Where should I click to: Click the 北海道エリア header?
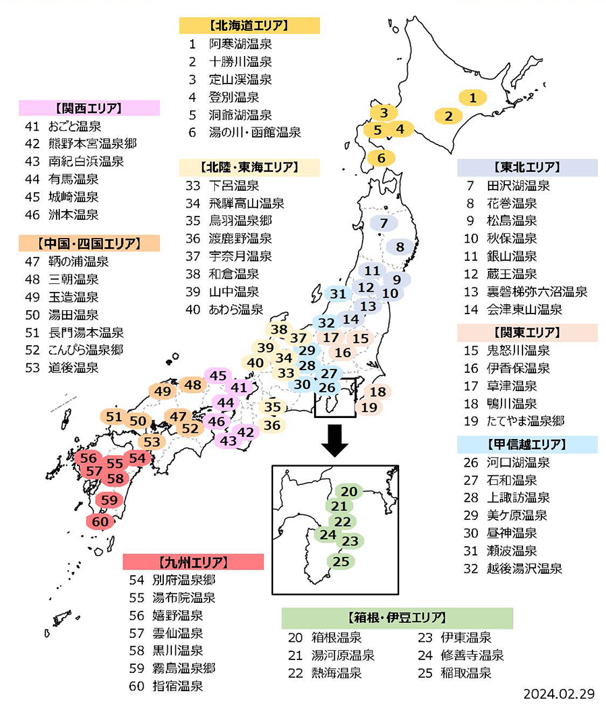pos(249,26)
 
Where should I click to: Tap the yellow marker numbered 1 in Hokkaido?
pos(473,98)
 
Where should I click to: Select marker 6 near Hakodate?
pos(382,158)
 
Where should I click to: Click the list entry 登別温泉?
pos(233,97)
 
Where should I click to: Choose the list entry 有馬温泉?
pos(73,179)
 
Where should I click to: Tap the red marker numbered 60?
pos(100,521)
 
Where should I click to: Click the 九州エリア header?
pos(193,562)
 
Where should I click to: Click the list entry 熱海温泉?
pos(336,673)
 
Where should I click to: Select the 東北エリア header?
pos(526,167)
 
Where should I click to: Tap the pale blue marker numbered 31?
pos(338,294)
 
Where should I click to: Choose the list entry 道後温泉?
pos(73,367)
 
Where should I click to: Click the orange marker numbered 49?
pos(163,391)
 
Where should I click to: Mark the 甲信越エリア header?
pos(526,444)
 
